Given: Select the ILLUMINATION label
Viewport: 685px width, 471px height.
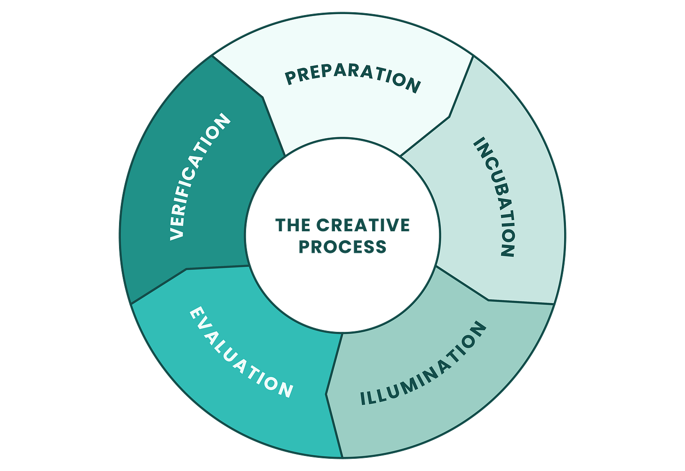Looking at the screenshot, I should [x=423, y=365].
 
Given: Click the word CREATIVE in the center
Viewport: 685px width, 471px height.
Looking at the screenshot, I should [x=363, y=226].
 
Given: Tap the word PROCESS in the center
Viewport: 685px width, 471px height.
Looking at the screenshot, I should [x=342, y=247].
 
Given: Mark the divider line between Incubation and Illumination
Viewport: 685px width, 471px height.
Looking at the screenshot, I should [x=489, y=300].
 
